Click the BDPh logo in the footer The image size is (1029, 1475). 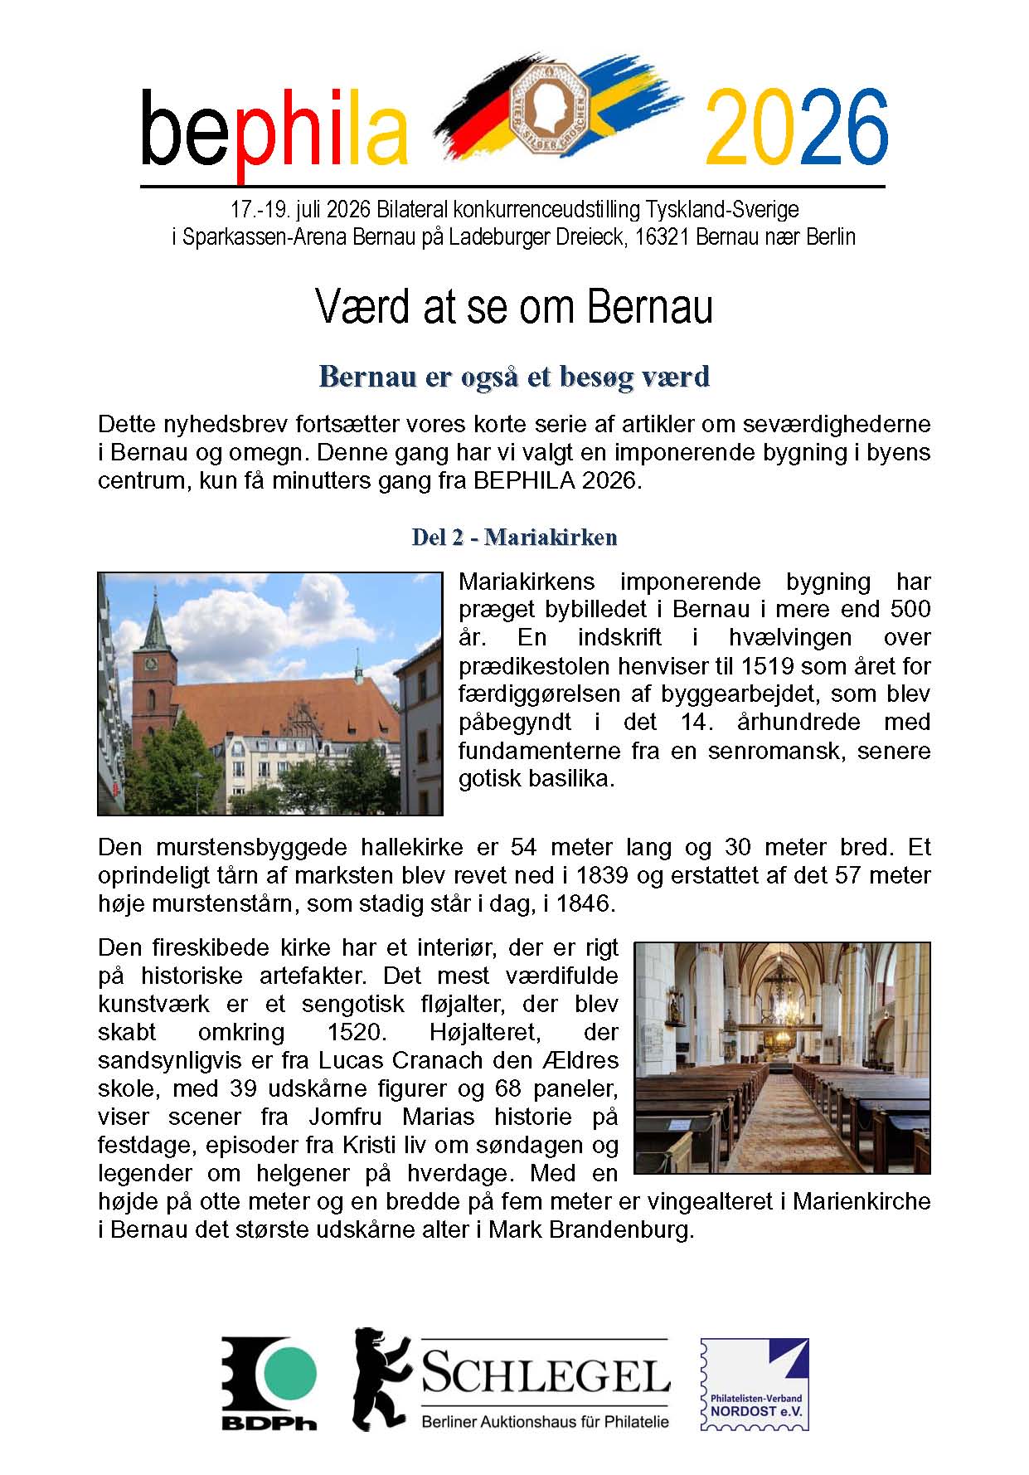(269, 1383)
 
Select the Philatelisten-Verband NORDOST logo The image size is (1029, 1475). (754, 1384)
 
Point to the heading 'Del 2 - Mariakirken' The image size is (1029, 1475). (514, 538)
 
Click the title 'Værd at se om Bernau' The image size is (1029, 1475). (514, 307)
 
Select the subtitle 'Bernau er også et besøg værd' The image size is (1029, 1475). (514, 377)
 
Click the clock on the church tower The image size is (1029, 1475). (150, 663)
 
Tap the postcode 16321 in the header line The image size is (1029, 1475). (662, 237)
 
